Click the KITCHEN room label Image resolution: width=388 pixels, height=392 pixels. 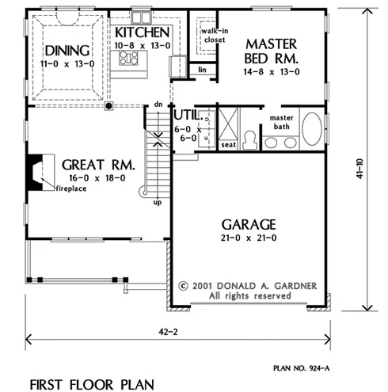[142, 32]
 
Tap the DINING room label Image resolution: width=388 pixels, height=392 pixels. [67, 51]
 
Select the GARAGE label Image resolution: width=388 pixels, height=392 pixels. [249, 225]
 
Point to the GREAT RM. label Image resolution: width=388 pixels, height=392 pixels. [98, 165]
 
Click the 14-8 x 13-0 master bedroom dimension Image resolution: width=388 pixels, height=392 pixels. [272, 72]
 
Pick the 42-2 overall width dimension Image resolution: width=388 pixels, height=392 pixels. [168, 332]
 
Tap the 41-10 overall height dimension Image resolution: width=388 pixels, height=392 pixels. [359, 169]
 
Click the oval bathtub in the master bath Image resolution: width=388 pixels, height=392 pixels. [312, 129]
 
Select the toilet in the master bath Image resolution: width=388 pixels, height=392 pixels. [249, 139]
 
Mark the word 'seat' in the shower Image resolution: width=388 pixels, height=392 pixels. [228, 145]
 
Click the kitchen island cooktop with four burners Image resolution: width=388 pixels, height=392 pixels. [128, 58]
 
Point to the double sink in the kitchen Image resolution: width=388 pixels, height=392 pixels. [141, 18]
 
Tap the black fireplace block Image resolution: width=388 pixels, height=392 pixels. [34, 172]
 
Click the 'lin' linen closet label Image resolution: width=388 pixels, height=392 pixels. [202, 70]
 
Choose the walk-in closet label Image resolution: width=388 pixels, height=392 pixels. [215, 36]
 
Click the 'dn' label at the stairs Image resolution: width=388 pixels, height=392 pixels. [158, 105]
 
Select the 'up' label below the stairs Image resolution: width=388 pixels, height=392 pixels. [158, 203]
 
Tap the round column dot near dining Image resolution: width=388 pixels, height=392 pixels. [108, 106]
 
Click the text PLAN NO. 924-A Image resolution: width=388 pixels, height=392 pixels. [302, 368]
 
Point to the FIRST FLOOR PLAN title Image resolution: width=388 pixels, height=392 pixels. [92, 385]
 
